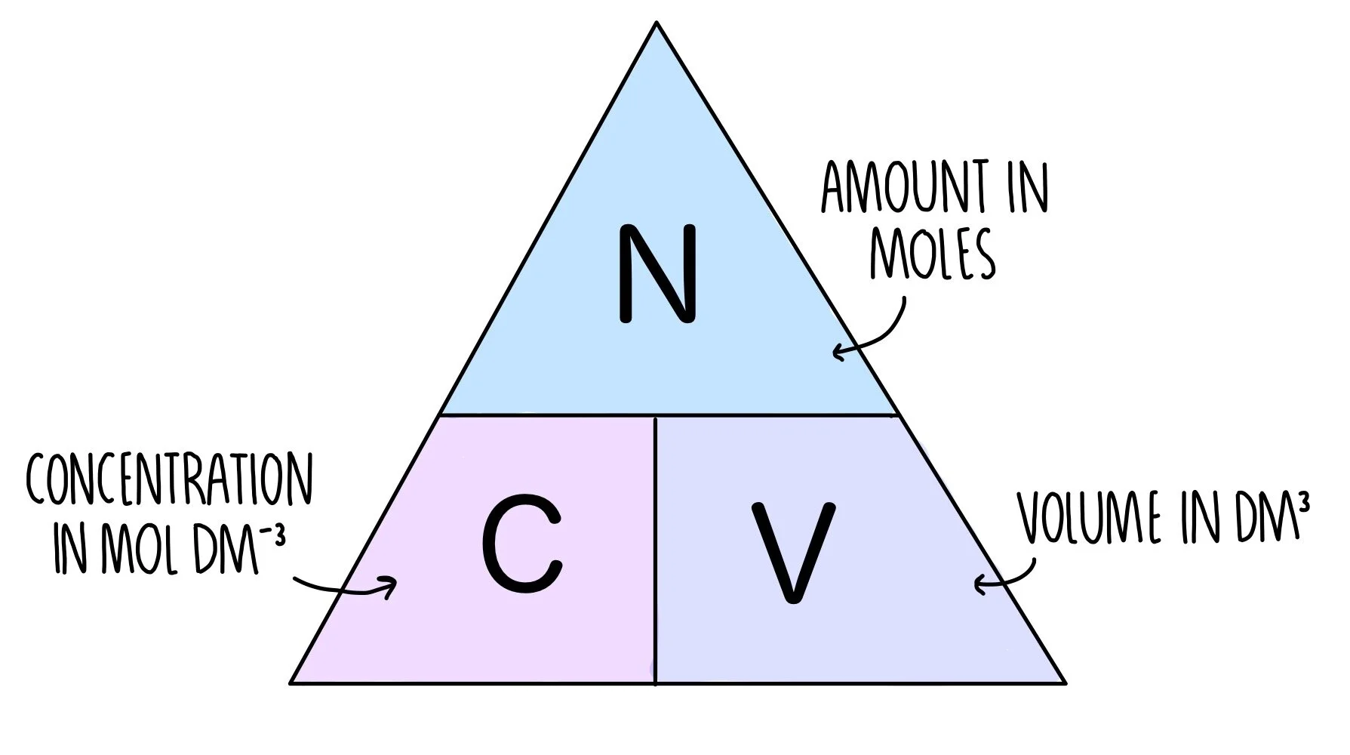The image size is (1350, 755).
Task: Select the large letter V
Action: click(793, 550)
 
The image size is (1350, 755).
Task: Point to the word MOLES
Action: click(933, 254)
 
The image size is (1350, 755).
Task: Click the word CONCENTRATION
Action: click(169, 480)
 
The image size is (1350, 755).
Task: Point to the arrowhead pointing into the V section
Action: click(979, 584)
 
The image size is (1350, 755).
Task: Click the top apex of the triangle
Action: click(657, 23)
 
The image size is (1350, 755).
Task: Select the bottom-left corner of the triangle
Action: click(292, 683)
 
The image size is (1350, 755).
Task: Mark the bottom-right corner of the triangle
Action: click(1064, 683)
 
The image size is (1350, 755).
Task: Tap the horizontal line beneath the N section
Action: click(669, 414)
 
